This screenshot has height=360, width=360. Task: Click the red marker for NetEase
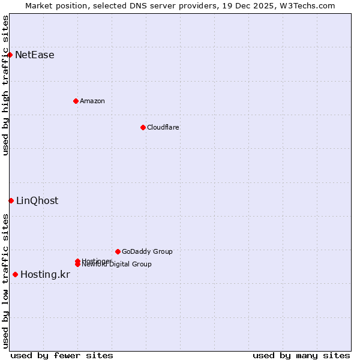pos(10,55)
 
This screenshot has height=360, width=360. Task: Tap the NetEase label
pos(34,55)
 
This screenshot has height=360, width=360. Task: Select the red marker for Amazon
pos(76,101)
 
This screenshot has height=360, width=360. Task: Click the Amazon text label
pos(92,101)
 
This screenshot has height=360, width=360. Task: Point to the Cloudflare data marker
pos(143,127)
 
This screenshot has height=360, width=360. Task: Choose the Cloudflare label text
pos(163,127)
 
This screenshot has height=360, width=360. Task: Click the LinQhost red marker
pos(11,200)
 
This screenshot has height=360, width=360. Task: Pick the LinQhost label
pos(37,201)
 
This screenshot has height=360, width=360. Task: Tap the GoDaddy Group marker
pos(118,251)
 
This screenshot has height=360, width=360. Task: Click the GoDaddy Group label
pos(147,251)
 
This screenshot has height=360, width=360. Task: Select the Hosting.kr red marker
pos(15,274)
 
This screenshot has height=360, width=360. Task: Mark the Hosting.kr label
pos(45,275)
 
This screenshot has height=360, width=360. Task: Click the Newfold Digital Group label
pos(117,265)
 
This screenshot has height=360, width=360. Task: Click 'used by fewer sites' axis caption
pos(62,355)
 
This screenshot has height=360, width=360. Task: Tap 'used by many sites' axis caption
pos(301,355)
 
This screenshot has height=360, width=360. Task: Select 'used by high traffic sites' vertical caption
pos(5,85)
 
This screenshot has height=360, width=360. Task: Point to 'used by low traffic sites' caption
pos(5,281)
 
